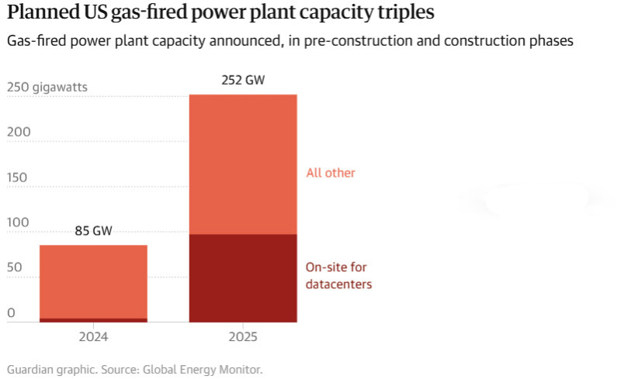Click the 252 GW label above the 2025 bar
coord(243,81)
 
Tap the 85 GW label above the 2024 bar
coord(93,231)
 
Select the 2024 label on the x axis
coord(93,337)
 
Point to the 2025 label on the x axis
coord(243,337)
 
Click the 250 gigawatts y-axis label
coord(47,88)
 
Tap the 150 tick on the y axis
coord(18,177)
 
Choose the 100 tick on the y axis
coord(18,223)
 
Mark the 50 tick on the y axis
coord(15,268)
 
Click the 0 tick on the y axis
coord(11,313)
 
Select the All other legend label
coord(331,173)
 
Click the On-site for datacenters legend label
coord(338,276)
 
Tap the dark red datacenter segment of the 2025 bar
coord(243,277)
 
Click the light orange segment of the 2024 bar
coord(93,281)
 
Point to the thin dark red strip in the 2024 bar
coord(93,319)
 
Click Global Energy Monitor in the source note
coord(214,370)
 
